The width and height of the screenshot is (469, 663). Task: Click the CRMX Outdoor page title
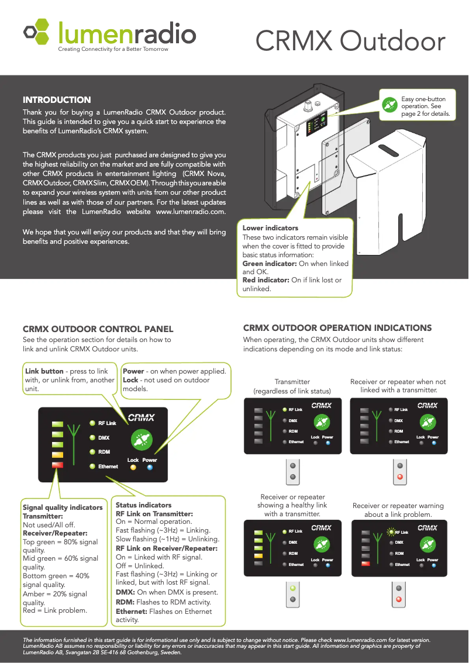tap(350, 41)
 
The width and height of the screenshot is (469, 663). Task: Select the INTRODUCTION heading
tap(57, 100)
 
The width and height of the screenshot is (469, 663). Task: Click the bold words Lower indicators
tap(270, 228)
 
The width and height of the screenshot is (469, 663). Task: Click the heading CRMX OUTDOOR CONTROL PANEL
tap(98, 329)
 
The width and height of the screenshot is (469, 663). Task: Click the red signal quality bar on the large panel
tap(57, 465)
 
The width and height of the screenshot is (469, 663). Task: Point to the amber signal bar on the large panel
tap(57, 455)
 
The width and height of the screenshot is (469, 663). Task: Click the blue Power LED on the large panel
tap(150, 467)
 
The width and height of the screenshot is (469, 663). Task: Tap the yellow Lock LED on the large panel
tap(133, 467)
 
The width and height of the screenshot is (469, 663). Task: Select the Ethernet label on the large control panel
tap(108, 467)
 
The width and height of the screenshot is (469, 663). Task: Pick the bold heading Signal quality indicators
tap(63, 507)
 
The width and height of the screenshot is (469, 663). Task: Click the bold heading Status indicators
tap(144, 505)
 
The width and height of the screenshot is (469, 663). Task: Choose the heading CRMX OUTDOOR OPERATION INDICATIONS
tap(337, 328)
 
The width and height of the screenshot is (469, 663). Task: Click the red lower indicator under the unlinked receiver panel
tap(400, 476)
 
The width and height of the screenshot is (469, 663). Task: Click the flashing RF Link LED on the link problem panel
tap(391, 532)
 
